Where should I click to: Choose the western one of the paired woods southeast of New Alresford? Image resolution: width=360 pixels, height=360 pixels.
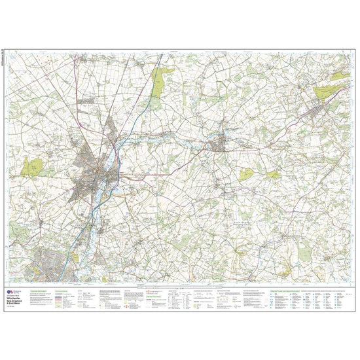pyautogui.click(x=247, y=174)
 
